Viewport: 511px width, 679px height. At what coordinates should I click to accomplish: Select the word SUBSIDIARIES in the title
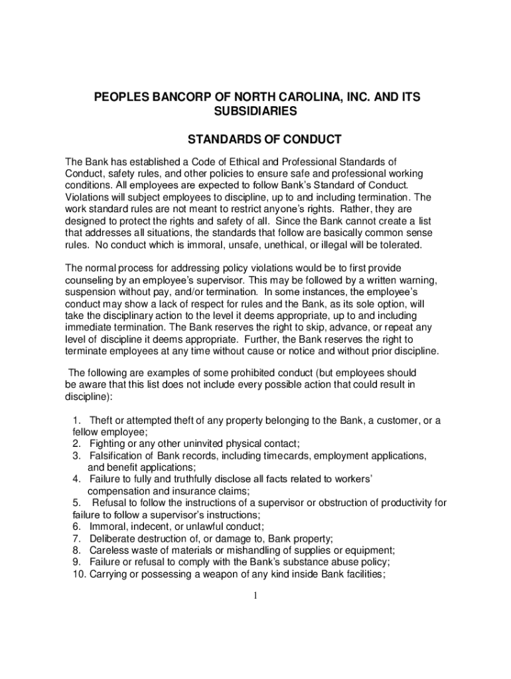pyautogui.click(x=256, y=112)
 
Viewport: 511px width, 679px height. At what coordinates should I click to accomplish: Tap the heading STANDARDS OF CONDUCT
pyautogui.click(x=256, y=140)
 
